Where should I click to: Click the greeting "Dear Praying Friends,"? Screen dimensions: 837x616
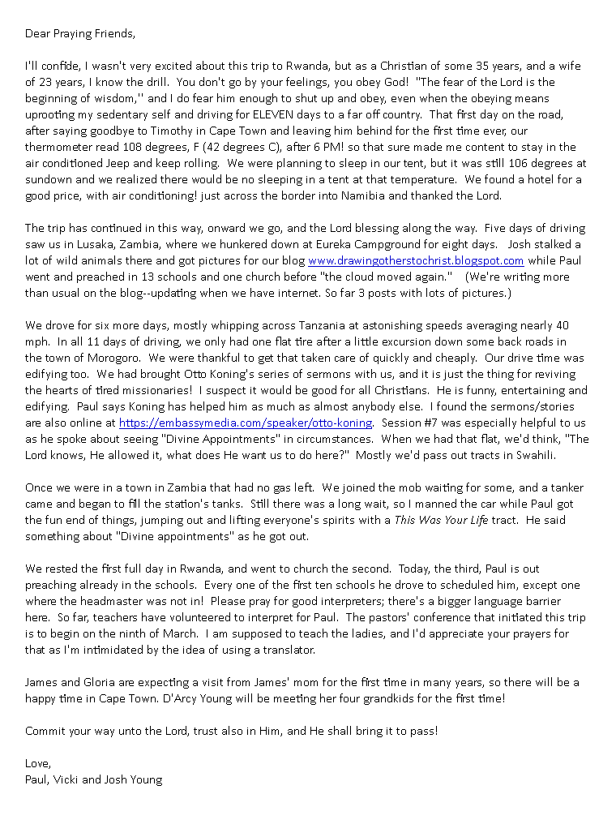tap(80, 33)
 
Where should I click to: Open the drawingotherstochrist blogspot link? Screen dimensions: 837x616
tap(416, 260)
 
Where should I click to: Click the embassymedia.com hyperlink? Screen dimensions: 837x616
tap(246, 423)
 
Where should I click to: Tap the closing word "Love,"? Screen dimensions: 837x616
tap(38, 763)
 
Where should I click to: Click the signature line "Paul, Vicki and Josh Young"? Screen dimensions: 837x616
tap(93, 779)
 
